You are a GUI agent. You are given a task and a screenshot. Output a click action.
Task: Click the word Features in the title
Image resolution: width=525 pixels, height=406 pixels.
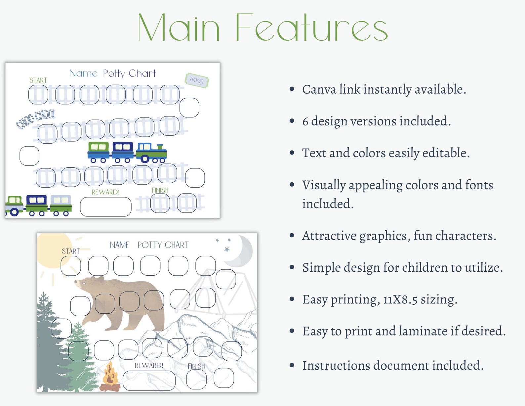tap(311, 28)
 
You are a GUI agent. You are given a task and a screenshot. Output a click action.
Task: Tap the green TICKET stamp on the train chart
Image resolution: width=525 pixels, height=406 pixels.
tap(197, 80)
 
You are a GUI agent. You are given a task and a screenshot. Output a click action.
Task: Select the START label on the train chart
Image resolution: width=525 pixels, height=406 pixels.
tap(38, 80)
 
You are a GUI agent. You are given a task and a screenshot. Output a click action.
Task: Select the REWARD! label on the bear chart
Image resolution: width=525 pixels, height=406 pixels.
tap(149, 365)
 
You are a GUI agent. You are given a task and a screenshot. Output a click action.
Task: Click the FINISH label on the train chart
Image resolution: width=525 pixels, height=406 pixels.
tap(160, 190)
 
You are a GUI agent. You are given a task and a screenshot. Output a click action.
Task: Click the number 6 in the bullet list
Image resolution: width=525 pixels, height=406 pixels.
tap(305, 121)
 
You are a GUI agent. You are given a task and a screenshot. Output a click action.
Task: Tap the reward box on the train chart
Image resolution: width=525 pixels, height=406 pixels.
tap(105, 207)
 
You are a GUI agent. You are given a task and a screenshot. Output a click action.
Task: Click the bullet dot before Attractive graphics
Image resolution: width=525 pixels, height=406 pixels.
tap(292, 236)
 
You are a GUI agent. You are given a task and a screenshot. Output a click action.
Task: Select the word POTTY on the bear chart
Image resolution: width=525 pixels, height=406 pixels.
tap(149, 245)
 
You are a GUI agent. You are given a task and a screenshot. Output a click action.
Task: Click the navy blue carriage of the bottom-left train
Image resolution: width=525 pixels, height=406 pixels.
tap(36, 204)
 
